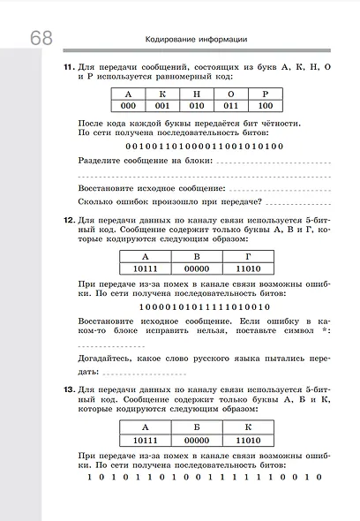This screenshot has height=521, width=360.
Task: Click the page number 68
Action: click(40, 39)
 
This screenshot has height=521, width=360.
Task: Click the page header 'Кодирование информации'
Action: click(196, 39)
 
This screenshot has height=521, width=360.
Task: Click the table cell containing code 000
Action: click(130, 106)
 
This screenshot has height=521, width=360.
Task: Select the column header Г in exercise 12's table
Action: click(246, 256)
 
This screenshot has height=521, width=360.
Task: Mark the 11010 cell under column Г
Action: click(246, 268)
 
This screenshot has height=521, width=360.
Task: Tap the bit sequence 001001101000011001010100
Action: click(205, 146)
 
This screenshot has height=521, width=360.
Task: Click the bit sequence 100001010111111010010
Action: click(205, 305)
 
